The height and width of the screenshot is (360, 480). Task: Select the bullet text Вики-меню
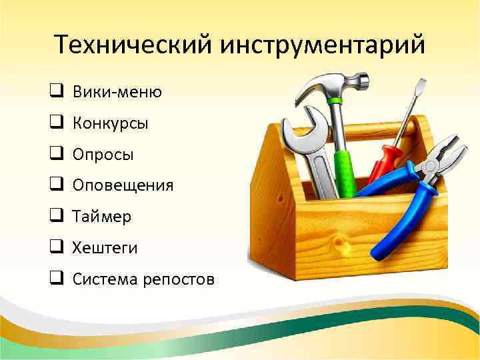click(x=117, y=92)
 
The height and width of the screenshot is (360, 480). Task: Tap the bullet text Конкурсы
click(x=111, y=123)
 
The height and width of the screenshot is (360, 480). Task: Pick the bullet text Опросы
click(x=103, y=155)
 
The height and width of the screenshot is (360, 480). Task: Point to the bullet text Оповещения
click(x=123, y=186)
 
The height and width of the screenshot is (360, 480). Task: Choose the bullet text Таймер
click(x=102, y=217)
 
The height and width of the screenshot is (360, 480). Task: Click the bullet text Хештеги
click(x=105, y=248)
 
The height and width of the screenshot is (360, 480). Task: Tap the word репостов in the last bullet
click(x=179, y=279)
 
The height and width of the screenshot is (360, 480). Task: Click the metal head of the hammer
click(x=333, y=83)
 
